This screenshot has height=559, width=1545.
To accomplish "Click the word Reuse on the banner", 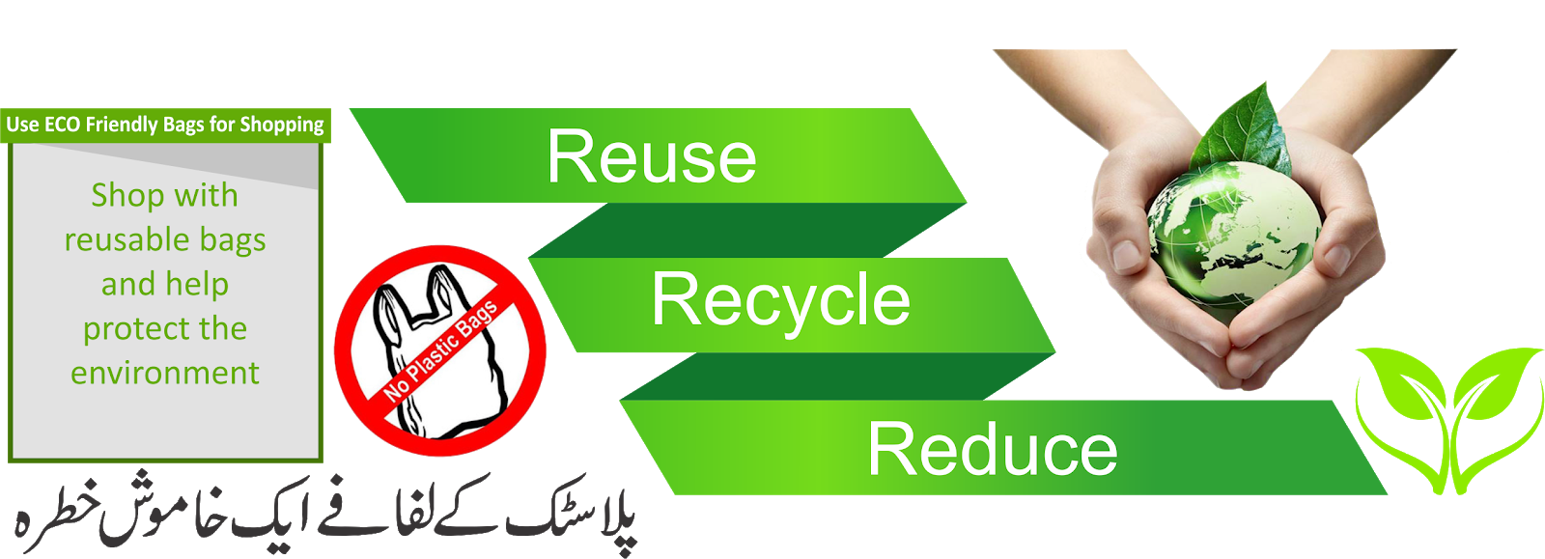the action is (652, 156).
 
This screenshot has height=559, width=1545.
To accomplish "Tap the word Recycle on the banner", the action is (780, 300).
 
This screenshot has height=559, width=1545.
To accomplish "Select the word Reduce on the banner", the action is (992, 450).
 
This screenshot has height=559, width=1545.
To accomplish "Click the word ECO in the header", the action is (62, 125).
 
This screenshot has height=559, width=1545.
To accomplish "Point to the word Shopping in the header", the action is (282, 126).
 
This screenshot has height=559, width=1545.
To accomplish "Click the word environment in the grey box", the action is (165, 373).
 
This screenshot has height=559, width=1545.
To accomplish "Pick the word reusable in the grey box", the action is (125, 239).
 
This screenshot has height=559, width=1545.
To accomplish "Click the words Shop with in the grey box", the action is (164, 195).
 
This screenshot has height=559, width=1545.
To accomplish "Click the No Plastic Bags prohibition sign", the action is (440, 349).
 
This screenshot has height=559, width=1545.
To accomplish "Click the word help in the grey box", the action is (197, 285).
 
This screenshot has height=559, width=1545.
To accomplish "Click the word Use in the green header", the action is (22, 125).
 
